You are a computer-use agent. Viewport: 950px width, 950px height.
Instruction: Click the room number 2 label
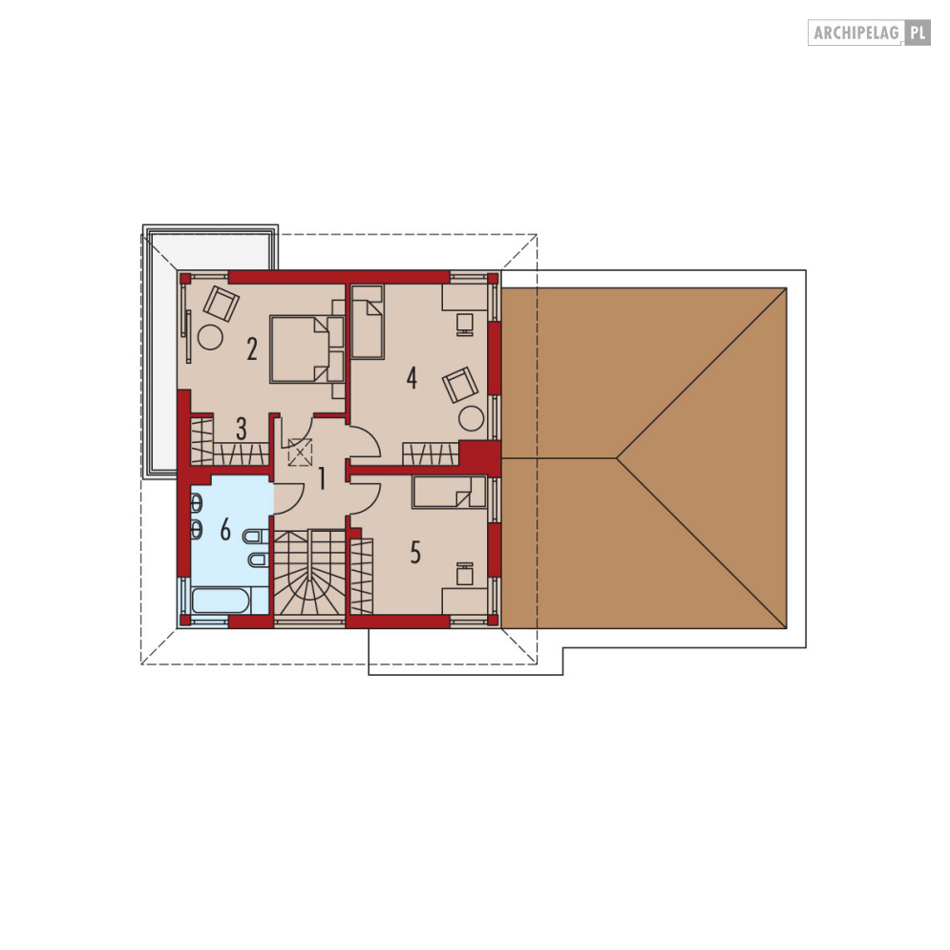point(252,349)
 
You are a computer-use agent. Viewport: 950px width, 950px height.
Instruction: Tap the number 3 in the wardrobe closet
point(242,430)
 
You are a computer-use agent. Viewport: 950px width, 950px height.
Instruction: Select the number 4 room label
point(412,378)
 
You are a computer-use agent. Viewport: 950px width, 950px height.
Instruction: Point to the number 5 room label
point(415,553)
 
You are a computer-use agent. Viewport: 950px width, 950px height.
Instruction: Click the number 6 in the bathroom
point(225,530)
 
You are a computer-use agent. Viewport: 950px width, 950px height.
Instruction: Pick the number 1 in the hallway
point(322,478)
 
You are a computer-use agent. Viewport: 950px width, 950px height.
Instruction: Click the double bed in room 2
point(307,349)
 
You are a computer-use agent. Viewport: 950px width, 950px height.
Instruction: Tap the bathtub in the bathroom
point(220,601)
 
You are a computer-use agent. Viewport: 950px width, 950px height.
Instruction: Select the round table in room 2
point(211,337)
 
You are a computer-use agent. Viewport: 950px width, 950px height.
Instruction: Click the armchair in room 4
point(460,385)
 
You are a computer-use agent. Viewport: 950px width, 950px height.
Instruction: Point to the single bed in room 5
point(449,492)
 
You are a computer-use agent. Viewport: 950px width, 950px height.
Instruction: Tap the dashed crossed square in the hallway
point(301,452)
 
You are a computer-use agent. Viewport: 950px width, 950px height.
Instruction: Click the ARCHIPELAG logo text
point(855,32)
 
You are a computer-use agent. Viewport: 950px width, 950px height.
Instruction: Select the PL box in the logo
point(918,32)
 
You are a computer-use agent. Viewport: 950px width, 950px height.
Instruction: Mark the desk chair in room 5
point(465,573)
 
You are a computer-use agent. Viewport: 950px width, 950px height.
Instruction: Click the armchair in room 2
point(222,304)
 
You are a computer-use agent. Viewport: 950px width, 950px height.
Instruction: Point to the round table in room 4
point(472,419)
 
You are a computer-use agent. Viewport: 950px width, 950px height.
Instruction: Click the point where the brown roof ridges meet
point(617,458)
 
